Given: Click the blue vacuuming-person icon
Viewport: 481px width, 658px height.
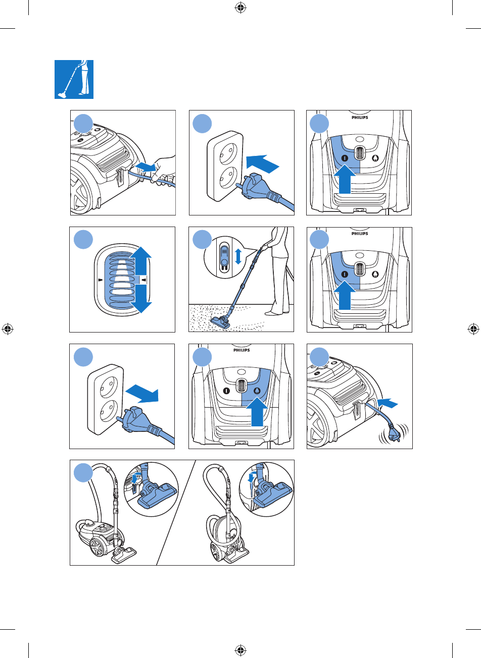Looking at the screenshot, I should pyautogui.click(x=74, y=80).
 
